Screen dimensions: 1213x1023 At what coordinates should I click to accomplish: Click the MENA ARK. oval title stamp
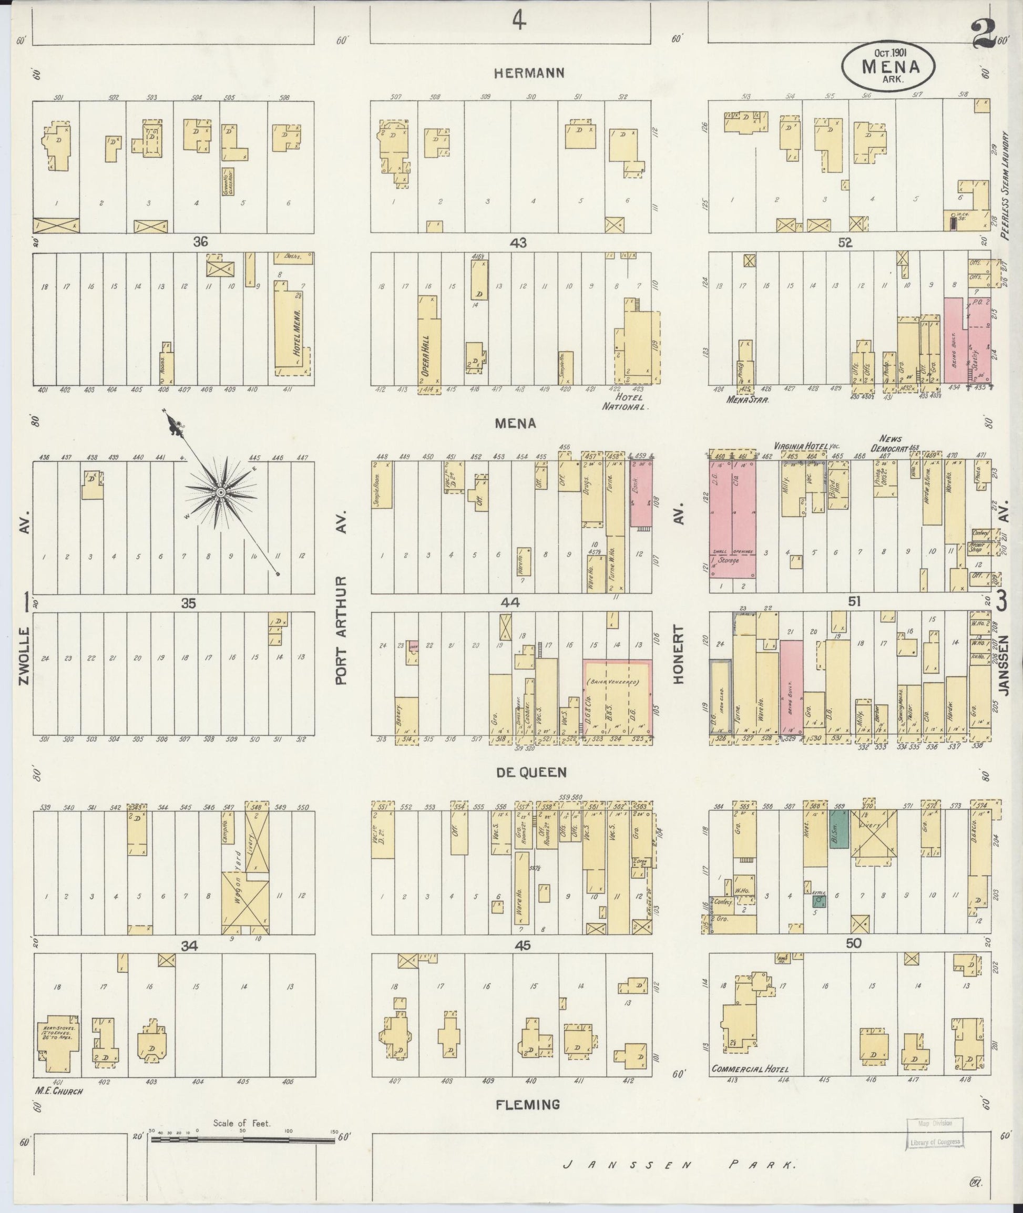point(888,67)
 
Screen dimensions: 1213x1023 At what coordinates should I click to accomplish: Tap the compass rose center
point(220,492)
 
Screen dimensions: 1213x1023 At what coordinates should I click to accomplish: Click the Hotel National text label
point(623,402)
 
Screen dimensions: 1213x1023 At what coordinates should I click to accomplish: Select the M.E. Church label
point(59,1091)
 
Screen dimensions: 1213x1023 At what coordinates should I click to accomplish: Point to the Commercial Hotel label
point(749,1070)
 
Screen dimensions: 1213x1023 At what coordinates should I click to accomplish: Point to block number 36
point(200,241)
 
